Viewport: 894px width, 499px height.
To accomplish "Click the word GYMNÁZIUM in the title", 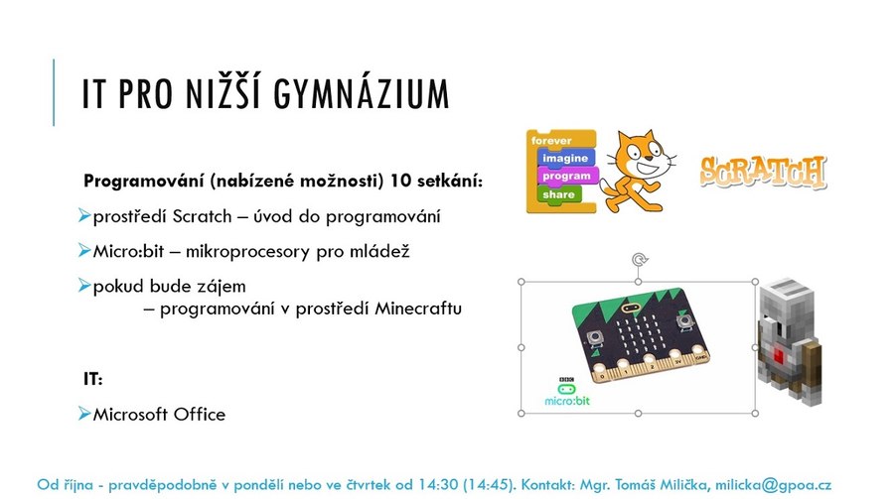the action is (362, 93).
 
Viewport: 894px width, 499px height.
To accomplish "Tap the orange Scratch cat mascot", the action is (638, 172).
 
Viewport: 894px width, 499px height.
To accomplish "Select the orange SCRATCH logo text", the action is (763, 172).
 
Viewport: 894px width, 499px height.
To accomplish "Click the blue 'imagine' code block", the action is (565, 158).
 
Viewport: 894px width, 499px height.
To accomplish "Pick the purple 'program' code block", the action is (567, 176).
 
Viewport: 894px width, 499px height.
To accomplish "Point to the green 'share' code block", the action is (558, 194).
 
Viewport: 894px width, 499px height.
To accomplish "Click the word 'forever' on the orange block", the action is (551, 140).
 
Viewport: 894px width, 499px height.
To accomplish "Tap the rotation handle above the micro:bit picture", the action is (639, 260).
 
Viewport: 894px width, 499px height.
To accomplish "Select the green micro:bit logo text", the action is (567, 401).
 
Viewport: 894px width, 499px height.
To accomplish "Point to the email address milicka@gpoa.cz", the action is (773, 485).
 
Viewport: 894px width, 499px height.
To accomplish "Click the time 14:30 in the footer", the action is (438, 485).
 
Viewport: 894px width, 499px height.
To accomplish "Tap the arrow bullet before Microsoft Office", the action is (84, 413).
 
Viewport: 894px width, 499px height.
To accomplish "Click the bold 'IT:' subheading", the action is (93, 378).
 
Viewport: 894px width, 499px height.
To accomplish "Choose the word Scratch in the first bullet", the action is (203, 216).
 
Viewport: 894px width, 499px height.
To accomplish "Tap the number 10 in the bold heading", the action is (401, 181).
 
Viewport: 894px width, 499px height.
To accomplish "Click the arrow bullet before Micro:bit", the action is (84, 250).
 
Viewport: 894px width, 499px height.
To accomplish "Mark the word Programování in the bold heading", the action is (144, 182).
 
